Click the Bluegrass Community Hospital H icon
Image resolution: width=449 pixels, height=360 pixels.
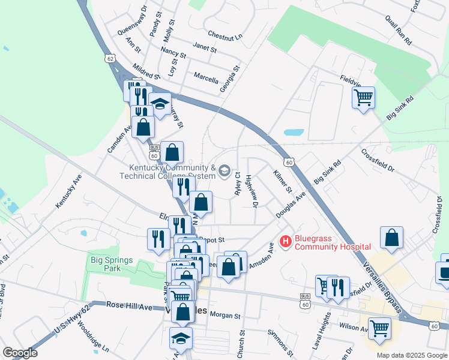point(285,241)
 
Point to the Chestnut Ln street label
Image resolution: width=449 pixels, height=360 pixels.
point(225,36)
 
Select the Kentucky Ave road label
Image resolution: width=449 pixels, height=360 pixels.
point(68,191)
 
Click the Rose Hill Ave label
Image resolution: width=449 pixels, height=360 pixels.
point(129,305)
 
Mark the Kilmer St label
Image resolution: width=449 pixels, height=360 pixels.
point(282,180)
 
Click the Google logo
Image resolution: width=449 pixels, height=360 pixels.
point(20,353)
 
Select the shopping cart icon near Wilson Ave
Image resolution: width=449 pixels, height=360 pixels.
point(379,328)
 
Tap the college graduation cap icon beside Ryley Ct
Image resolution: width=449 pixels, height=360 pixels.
point(224,172)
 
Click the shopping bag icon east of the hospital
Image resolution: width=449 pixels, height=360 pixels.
point(391,238)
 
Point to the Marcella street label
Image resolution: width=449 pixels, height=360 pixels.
point(206,77)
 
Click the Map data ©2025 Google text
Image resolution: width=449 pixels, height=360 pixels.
point(412,355)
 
